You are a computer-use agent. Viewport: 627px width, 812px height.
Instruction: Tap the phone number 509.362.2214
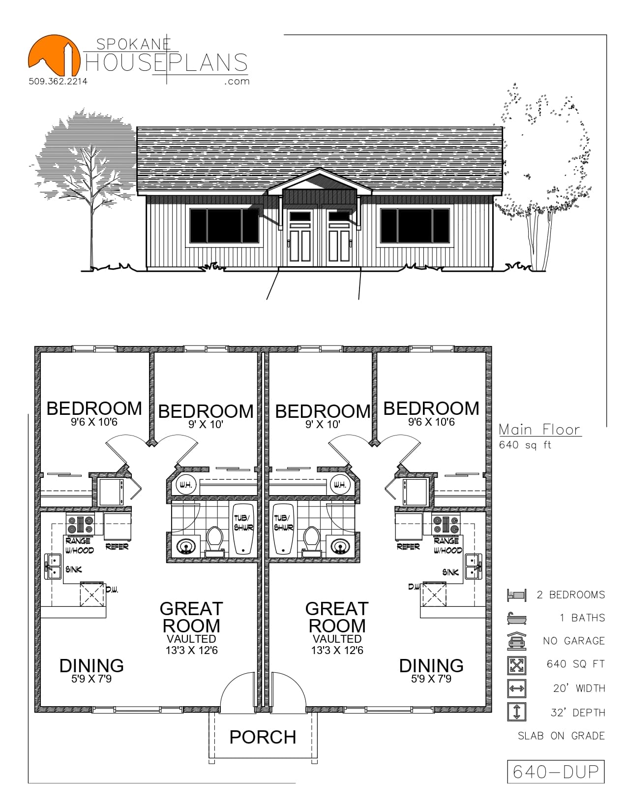(x=58, y=81)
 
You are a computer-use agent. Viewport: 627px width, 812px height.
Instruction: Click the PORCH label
(x=263, y=737)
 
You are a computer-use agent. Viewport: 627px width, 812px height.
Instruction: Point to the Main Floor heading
(x=540, y=430)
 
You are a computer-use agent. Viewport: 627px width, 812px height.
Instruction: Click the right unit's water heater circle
(x=339, y=485)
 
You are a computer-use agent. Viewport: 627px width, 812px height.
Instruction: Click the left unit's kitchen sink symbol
(x=53, y=566)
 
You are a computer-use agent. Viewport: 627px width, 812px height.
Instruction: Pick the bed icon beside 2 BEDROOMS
(x=516, y=594)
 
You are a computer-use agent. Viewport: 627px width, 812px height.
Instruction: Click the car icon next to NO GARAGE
(x=516, y=640)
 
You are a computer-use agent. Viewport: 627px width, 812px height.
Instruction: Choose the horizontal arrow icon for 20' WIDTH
(x=516, y=688)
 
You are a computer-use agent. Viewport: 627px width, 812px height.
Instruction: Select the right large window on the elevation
(x=415, y=226)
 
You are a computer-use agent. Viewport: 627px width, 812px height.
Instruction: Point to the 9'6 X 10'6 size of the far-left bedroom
(x=94, y=422)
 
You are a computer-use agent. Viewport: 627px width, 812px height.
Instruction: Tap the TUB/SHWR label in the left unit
(x=243, y=523)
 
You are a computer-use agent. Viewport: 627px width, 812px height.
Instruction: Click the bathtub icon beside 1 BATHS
(x=516, y=618)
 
